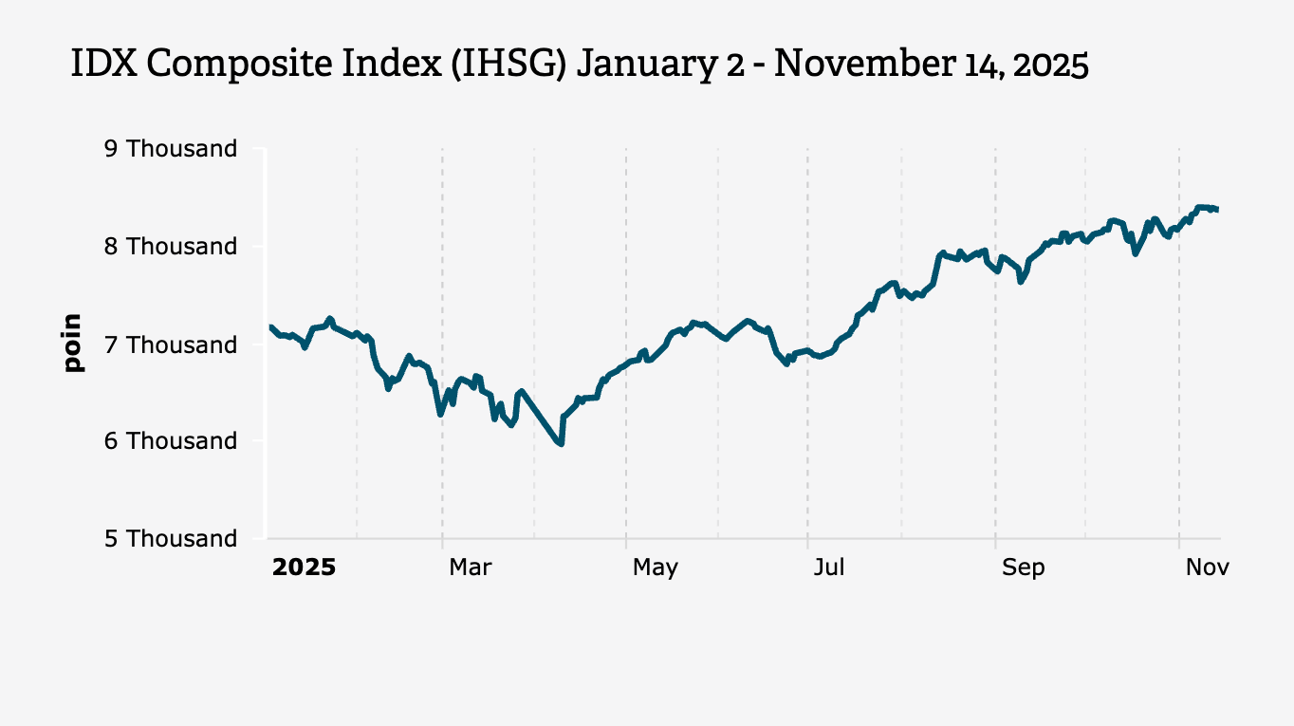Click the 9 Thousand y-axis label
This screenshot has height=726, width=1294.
pyautogui.click(x=181, y=149)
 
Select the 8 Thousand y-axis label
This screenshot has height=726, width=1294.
pyautogui.click(x=181, y=247)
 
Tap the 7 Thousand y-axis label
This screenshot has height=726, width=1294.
pyautogui.click(x=181, y=344)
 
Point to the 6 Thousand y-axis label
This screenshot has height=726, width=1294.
pyautogui.click(x=181, y=441)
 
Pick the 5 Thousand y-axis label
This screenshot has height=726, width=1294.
pyautogui.click(x=181, y=539)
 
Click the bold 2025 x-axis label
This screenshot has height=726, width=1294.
pyautogui.click(x=304, y=568)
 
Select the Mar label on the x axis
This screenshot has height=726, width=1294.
pyautogui.click(x=470, y=568)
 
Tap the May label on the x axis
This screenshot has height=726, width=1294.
pyautogui.click(x=655, y=568)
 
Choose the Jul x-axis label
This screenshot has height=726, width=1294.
pyautogui.click(x=829, y=568)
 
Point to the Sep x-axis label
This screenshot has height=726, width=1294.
pyautogui.click(x=1023, y=568)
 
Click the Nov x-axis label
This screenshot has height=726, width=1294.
pyautogui.click(x=1207, y=568)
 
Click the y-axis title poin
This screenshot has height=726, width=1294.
pyautogui.click(x=73, y=344)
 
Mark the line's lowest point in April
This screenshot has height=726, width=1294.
pyautogui.click(x=562, y=443)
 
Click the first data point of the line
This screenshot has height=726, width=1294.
pyautogui.click(x=271, y=327)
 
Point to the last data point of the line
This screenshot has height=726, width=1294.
pyautogui.click(x=1217, y=210)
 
